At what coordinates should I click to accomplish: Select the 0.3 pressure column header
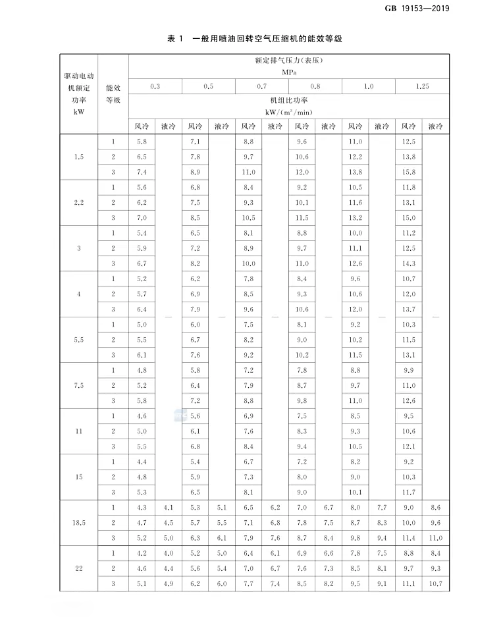[x=155, y=87]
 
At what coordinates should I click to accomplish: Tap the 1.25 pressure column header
[x=422, y=87]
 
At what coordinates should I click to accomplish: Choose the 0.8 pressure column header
[x=315, y=87]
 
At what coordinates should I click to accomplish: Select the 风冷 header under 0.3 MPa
[x=142, y=126]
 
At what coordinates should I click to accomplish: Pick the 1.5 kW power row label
[x=79, y=157]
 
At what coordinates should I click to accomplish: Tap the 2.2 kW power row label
[x=79, y=202]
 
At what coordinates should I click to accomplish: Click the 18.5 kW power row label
[x=79, y=522]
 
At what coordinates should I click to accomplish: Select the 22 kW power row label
[x=79, y=568]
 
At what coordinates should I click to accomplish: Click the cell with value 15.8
[x=409, y=172]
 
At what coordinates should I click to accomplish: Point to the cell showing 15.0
[x=409, y=218]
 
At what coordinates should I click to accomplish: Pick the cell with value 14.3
[x=409, y=263]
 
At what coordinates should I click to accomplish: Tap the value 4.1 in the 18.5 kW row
[x=169, y=507]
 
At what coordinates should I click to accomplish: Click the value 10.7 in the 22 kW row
[x=435, y=583]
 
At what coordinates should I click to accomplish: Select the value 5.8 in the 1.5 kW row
[x=142, y=142]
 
